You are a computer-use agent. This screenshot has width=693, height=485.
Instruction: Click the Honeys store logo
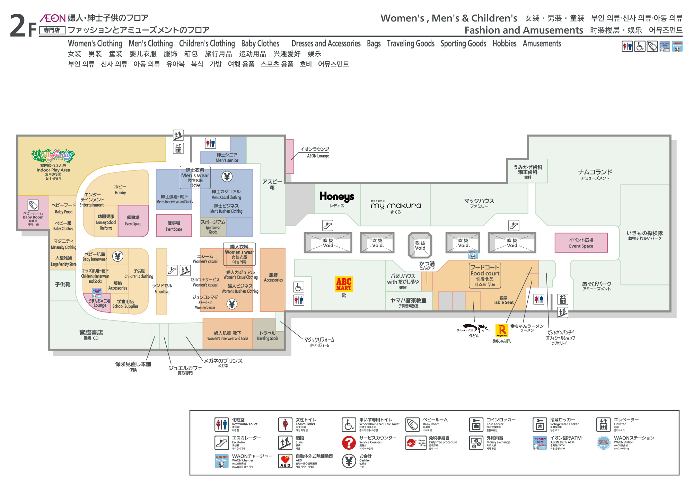336,197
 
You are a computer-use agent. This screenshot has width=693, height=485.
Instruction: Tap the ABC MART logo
344,284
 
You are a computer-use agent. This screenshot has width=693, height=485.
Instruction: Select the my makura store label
396,205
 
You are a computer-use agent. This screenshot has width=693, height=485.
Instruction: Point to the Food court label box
485,275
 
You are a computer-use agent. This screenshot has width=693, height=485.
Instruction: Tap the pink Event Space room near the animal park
581,242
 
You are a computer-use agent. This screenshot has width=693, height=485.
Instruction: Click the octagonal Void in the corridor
420,245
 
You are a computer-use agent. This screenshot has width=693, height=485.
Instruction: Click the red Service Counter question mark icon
349,443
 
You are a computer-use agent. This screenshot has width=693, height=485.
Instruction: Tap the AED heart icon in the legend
285,461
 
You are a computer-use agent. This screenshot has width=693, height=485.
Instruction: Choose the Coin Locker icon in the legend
476,424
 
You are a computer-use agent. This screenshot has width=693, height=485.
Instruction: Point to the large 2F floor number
23,26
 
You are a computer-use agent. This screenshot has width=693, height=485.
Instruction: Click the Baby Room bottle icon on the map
33,205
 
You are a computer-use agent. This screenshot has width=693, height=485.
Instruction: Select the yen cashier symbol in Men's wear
227,177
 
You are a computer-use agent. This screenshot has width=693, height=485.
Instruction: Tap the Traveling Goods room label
267,336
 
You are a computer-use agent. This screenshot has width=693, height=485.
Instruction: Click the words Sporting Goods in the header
463,44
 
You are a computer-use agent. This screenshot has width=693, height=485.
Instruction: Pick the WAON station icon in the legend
604,443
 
